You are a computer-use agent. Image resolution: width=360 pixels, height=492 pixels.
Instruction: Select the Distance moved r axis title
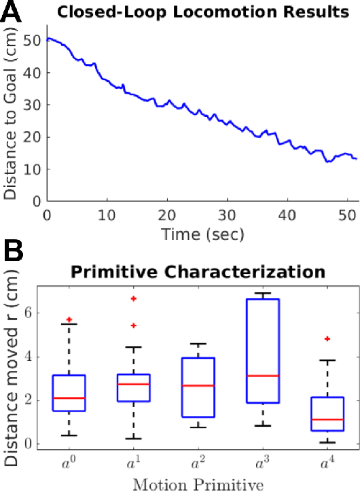(12, 367)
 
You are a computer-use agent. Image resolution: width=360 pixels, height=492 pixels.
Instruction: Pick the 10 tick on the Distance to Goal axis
(31, 169)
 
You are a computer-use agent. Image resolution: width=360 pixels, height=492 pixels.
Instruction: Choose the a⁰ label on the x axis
(69, 464)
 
